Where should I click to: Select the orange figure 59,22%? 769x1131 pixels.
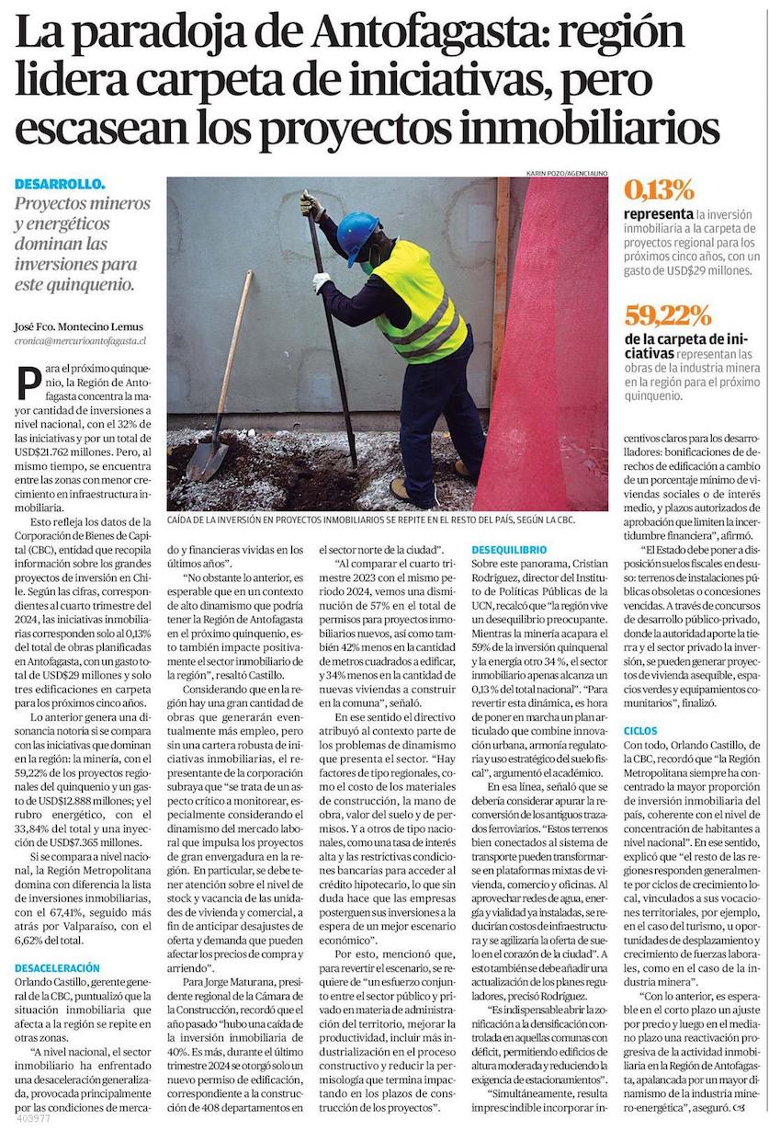pyautogui.click(x=668, y=316)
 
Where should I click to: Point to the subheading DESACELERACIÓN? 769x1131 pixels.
pyautogui.click(x=57, y=968)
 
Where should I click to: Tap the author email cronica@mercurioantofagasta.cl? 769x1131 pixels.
pyautogui.click(x=82, y=340)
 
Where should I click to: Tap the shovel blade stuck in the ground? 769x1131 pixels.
pyautogui.click(x=207, y=459)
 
